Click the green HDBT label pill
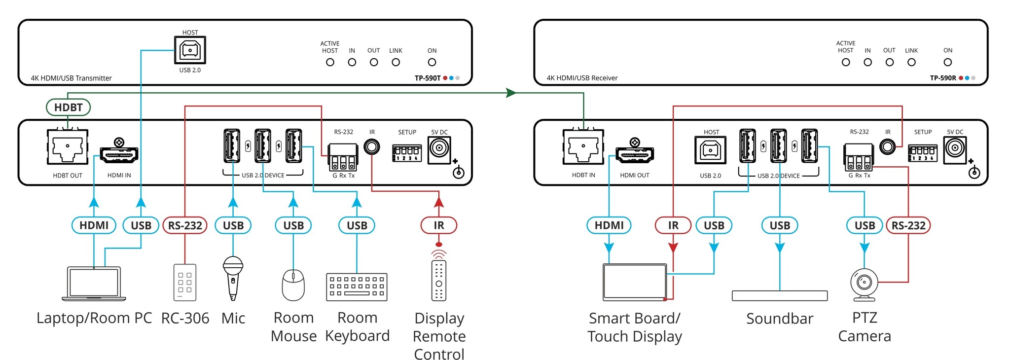68,107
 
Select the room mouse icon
293,285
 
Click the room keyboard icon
357,287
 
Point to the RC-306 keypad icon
185,283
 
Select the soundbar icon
779,295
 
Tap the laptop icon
94,284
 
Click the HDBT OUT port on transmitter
68,147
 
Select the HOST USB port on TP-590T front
190,50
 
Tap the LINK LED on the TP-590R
911,62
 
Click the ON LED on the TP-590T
432,62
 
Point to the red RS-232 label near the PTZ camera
908,225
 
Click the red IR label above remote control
438,225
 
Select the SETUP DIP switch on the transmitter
407,153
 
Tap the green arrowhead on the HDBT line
511,93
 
